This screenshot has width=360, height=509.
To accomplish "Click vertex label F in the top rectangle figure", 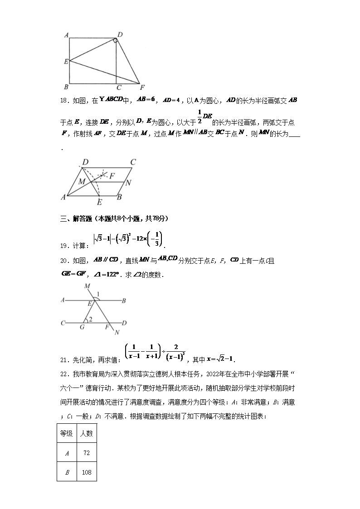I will pyautogui.click(x=142, y=87).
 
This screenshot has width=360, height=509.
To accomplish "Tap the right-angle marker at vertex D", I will pyautogui.click(x=116, y=41).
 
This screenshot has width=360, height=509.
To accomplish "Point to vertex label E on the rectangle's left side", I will pyautogui.click(x=66, y=61).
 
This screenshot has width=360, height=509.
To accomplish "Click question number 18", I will pyautogui.click(x=65, y=101).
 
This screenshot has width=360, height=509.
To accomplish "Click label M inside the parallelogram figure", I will pyautogui.click(x=82, y=182).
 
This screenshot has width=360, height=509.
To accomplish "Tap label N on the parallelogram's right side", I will pyautogui.click(x=128, y=183).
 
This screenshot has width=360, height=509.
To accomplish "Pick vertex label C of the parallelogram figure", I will pyautogui.click(x=133, y=162).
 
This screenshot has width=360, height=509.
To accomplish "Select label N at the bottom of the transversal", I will pyautogui.click(x=117, y=333).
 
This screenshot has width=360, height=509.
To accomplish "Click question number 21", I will pyautogui.click(x=65, y=360).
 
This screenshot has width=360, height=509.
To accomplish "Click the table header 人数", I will pyautogui.click(x=86, y=433).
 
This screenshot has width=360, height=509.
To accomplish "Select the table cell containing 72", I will pyautogui.click(x=86, y=452).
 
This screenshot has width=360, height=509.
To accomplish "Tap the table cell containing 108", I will pyautogui.click(x=86, y=472).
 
